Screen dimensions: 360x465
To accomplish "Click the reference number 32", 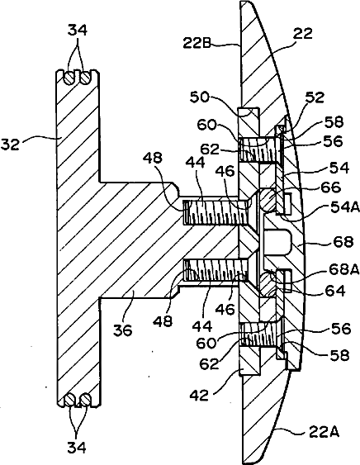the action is click(x=10, y=145).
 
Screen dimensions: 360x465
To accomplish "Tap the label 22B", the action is click(x=197, y=43).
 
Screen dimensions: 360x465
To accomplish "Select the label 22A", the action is click(x=324, y=433).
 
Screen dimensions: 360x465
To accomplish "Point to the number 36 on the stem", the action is click(x=123, y=330).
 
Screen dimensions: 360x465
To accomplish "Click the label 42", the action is click(x=199, y=396).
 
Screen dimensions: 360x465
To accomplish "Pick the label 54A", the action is click(x=345, y=207).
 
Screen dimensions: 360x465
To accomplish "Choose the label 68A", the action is click(x=344, y=269).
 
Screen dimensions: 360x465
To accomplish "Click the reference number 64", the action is click(x=336, y=291).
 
